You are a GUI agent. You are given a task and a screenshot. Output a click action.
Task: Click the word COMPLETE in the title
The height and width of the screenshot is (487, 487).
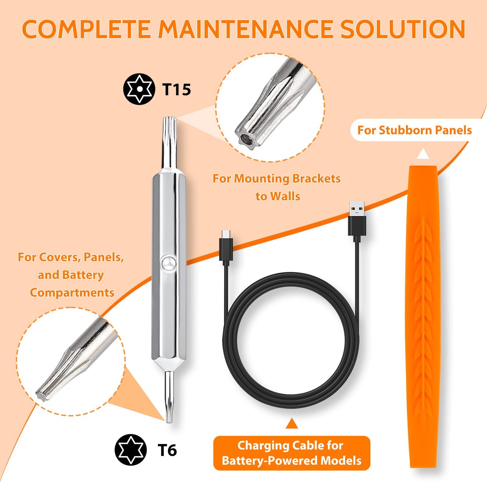point(86,29)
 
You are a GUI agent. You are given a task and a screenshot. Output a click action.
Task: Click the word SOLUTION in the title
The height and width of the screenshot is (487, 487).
point(403,29)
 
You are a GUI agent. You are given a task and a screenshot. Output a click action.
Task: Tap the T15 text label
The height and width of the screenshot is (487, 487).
point(176,89)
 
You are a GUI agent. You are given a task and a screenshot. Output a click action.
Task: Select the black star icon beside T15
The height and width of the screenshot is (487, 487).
point(139,89)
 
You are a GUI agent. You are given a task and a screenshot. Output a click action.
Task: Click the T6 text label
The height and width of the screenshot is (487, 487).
point(167,450)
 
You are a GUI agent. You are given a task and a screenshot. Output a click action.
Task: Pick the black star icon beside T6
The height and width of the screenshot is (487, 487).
point(131,450)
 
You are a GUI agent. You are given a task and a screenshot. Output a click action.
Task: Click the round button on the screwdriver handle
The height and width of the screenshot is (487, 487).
point(168,262)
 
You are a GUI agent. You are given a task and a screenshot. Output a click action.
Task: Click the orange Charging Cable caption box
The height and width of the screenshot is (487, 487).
point(292,453)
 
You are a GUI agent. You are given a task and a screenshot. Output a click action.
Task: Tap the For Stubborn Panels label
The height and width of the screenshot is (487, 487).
point(414,130)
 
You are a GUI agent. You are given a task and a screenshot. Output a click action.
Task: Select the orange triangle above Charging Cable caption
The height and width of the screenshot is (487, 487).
point(292,423)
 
